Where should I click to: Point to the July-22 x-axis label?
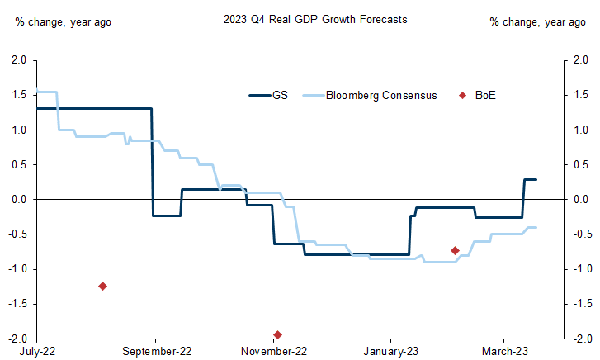pyautogui.click(x=35, y=350)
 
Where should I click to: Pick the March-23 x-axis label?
pyautogui.click(x=504, y=350)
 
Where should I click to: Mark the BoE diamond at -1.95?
pyautogui.click(x=278, y=334)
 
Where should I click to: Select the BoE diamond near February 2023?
pyautogui.click(x=455, y=250)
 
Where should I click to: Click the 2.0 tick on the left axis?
pyautogui.click(x=19, y=61)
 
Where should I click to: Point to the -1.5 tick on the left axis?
pyautogui.click(x=17, y=304)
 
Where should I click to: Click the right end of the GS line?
pyautogui.click(x=536, y=179)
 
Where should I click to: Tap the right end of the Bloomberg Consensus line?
pyautogui.click(x=536, y=227)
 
